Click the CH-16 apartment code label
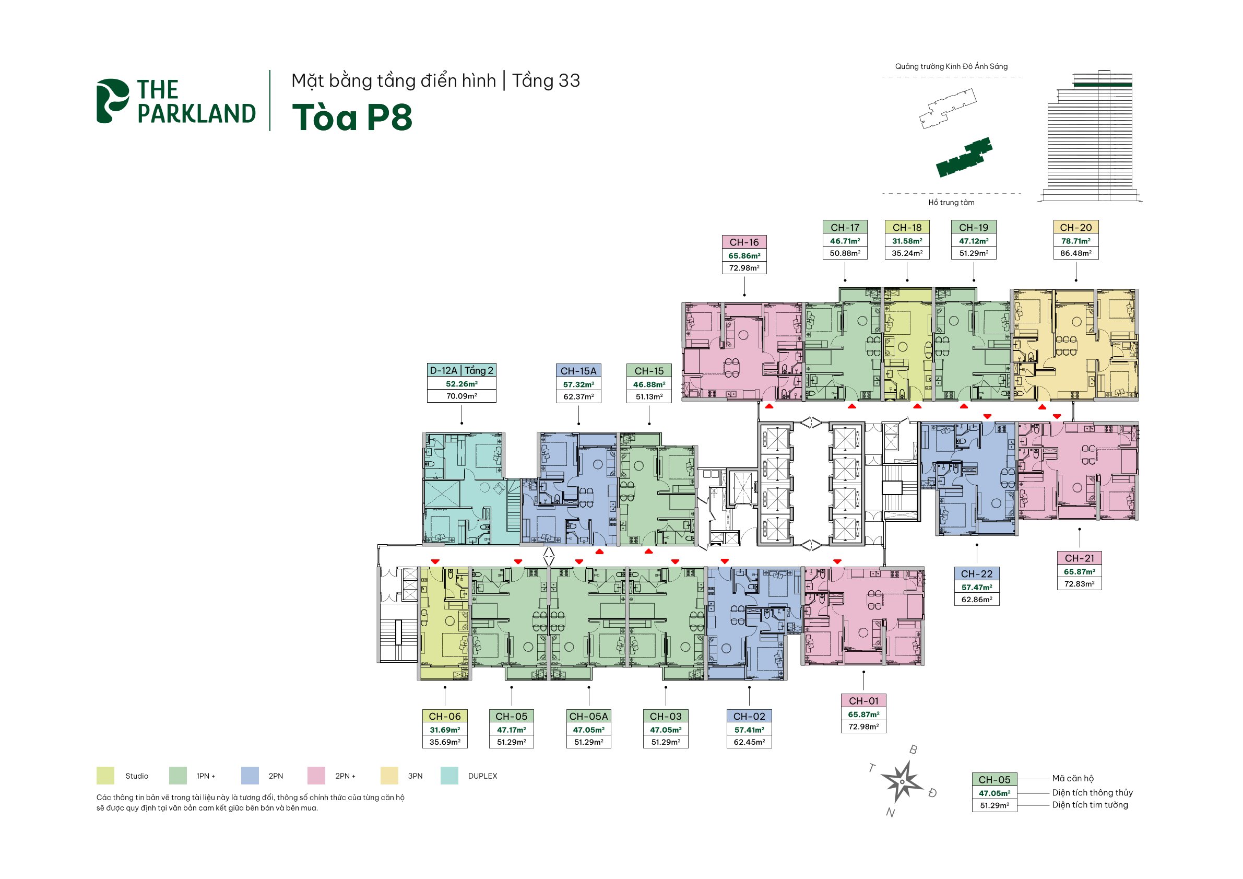[x=744, y=242]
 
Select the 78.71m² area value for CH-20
[x=1076, y=241]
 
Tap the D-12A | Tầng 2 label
[x=461, y=370]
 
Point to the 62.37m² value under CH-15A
[x=579, y=396]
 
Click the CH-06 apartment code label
[x=444, y=717]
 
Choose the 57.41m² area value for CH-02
[x=749, y=730]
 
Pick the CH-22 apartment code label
[x=977, y=574]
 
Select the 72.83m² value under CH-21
[x=1080, y=584]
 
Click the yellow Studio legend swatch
[x=105, y=776]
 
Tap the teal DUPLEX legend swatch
[x=449, y=776]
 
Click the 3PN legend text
[x=415, y=776]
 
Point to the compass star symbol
[x=902, y=781]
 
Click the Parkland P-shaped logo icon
[x=112, y=101]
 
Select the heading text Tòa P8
[x=352, y=117]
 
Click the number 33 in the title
[x=569, y=81]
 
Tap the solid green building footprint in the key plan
[x=964, y=158]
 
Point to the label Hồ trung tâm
[x=951, y=203]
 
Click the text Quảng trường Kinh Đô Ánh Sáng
[x=951, y=67]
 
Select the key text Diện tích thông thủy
[x=1093, y=793]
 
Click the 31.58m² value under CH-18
[x=907, y=241]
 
